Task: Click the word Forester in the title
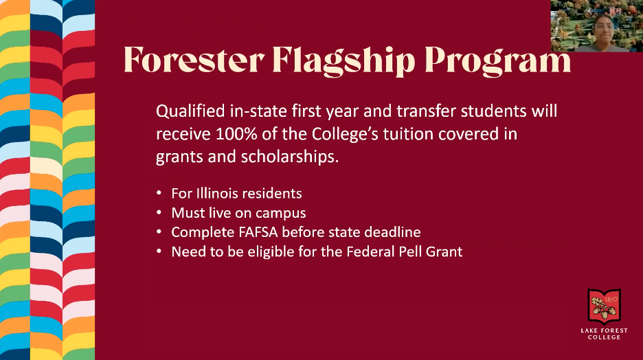point(194,60)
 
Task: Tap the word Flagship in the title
point(343,61)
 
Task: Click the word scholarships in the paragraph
point(289,157)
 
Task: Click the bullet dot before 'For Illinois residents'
point(159,194)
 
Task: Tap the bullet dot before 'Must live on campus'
point(159,213)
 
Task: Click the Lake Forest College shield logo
point(604,306)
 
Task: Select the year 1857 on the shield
point(611,300)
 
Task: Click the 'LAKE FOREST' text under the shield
point(604,330)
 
